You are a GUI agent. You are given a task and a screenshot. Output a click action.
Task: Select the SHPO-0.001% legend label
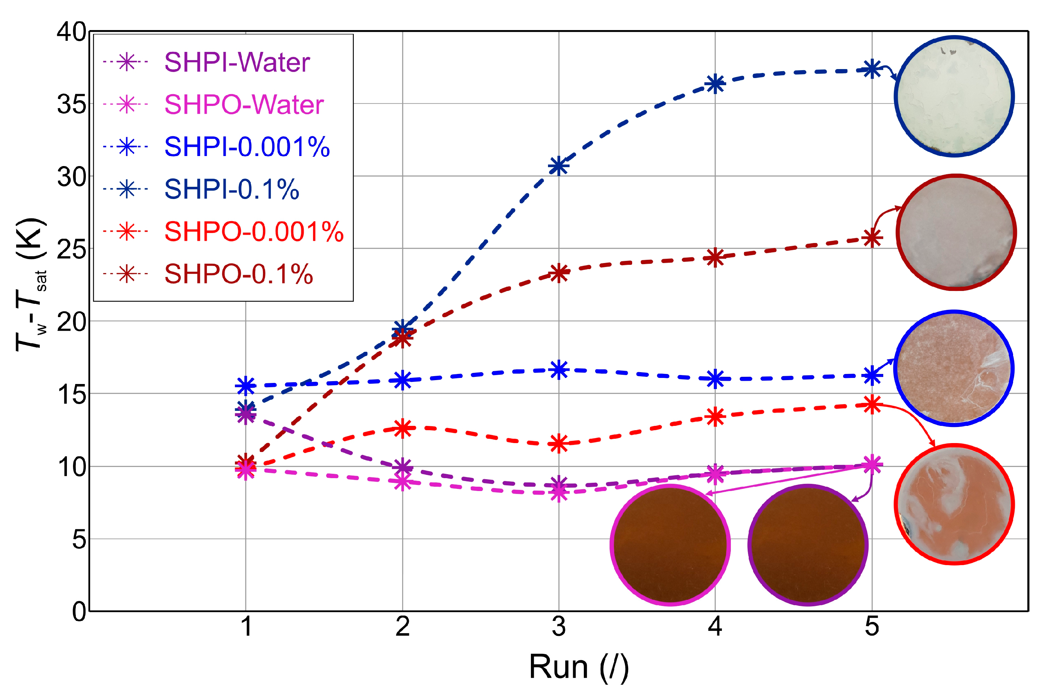point(254,232)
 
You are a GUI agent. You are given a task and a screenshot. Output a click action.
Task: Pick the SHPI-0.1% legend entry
point(232,189)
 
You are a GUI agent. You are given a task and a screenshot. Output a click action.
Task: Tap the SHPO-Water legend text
point(244,105)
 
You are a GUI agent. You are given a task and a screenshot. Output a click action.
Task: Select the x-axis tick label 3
point(559,627)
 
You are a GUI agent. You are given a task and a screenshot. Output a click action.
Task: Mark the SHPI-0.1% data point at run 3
point(559,166)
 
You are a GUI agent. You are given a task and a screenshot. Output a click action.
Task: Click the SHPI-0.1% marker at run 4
point(715,83)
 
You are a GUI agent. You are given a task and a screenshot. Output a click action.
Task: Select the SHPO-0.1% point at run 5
point(872,238)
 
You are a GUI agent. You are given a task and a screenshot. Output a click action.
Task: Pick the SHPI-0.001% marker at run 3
point(559,370)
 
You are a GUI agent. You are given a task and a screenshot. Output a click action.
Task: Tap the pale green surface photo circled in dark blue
point(954,96)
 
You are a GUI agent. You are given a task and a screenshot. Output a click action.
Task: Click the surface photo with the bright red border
point(954,504)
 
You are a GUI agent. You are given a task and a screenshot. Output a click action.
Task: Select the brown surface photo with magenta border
point(670,545)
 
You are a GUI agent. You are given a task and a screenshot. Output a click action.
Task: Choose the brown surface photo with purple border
point(808,545)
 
